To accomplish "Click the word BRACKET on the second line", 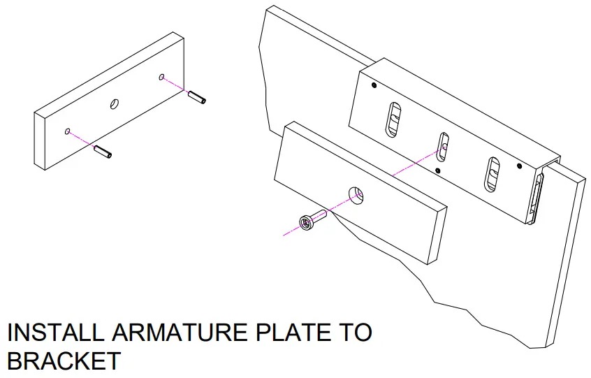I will pos(64,361).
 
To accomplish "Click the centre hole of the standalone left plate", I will pos(115,104).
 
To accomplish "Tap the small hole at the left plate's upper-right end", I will pos(162,77).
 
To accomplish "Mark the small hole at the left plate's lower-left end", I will pos(67,131).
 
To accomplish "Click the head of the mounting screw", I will pos(306,222).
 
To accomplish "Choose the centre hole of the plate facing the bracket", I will pos(356,195).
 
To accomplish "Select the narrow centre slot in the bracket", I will pos(442,145).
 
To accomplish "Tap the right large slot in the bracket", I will pos(493,173).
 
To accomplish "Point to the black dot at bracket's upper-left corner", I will pos(374,86).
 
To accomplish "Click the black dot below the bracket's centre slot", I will pos(437,170).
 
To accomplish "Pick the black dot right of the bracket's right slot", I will pos(518,166).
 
